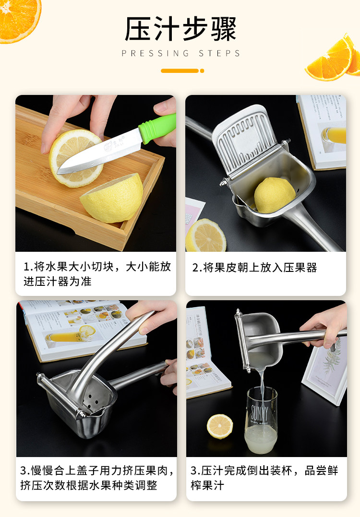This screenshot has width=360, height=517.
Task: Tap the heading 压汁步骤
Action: tap(180, 29)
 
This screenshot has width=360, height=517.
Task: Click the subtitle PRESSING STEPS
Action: tap(181, 53)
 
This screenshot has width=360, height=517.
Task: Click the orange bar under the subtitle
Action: tap(182, 71)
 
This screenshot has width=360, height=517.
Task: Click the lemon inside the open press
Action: tap(275, 195)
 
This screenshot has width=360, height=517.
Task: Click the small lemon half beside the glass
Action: tap(220, 426)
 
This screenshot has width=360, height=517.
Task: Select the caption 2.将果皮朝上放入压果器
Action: tap(254, 268)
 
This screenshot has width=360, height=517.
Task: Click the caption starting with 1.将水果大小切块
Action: tap(97, 274)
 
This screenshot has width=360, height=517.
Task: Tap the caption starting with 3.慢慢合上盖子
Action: tap(97, 478)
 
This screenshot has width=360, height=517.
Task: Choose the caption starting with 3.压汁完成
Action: tap(264, 478)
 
